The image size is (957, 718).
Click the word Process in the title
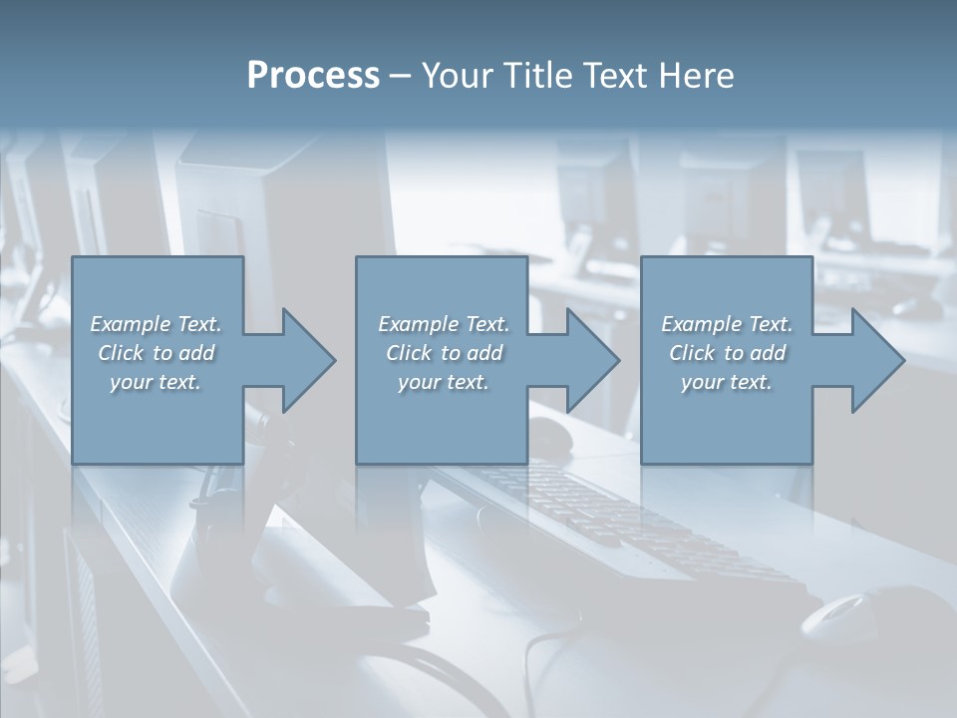point(313,76)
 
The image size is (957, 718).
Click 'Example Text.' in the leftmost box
point(157,324)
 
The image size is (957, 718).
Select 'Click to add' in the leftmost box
point(157,353)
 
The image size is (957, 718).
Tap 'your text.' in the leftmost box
point(157,382)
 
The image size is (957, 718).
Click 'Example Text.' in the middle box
point(444,324)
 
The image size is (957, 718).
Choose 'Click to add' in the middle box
point(444,353)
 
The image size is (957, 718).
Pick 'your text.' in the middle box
point(444,382)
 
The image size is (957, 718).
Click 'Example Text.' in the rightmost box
point(727,324)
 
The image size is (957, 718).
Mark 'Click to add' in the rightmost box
point(727,353)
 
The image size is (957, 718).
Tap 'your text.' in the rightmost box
point(727,382)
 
